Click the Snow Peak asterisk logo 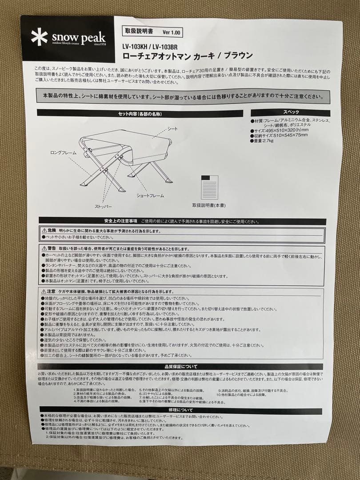tap(39, 37)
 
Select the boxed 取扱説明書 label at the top tap(138, 32)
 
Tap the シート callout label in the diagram tap(172, 128)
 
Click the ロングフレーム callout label tap(63, 152)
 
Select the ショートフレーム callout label tap(150, 196)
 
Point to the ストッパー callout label tap(103, 207)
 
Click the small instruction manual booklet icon tap(209, 186)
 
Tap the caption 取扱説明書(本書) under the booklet tap(209, 205)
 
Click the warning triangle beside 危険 tap(44, 231)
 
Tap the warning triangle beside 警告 tap(44, 248)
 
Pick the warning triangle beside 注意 tap(44, 291)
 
